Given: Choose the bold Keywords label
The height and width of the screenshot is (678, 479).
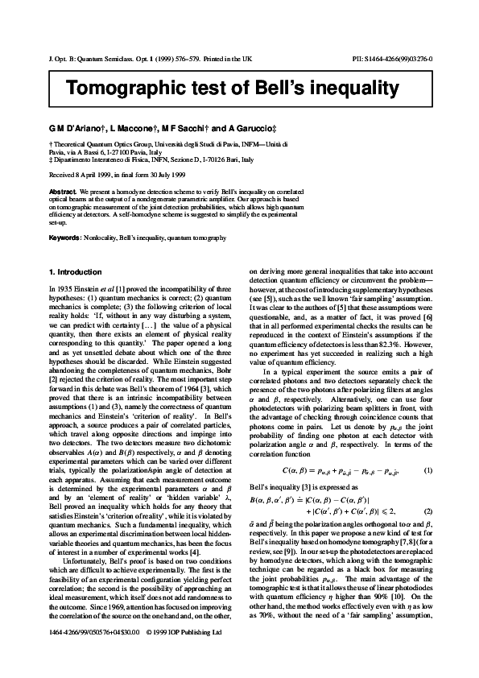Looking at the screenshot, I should pos(64,238).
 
